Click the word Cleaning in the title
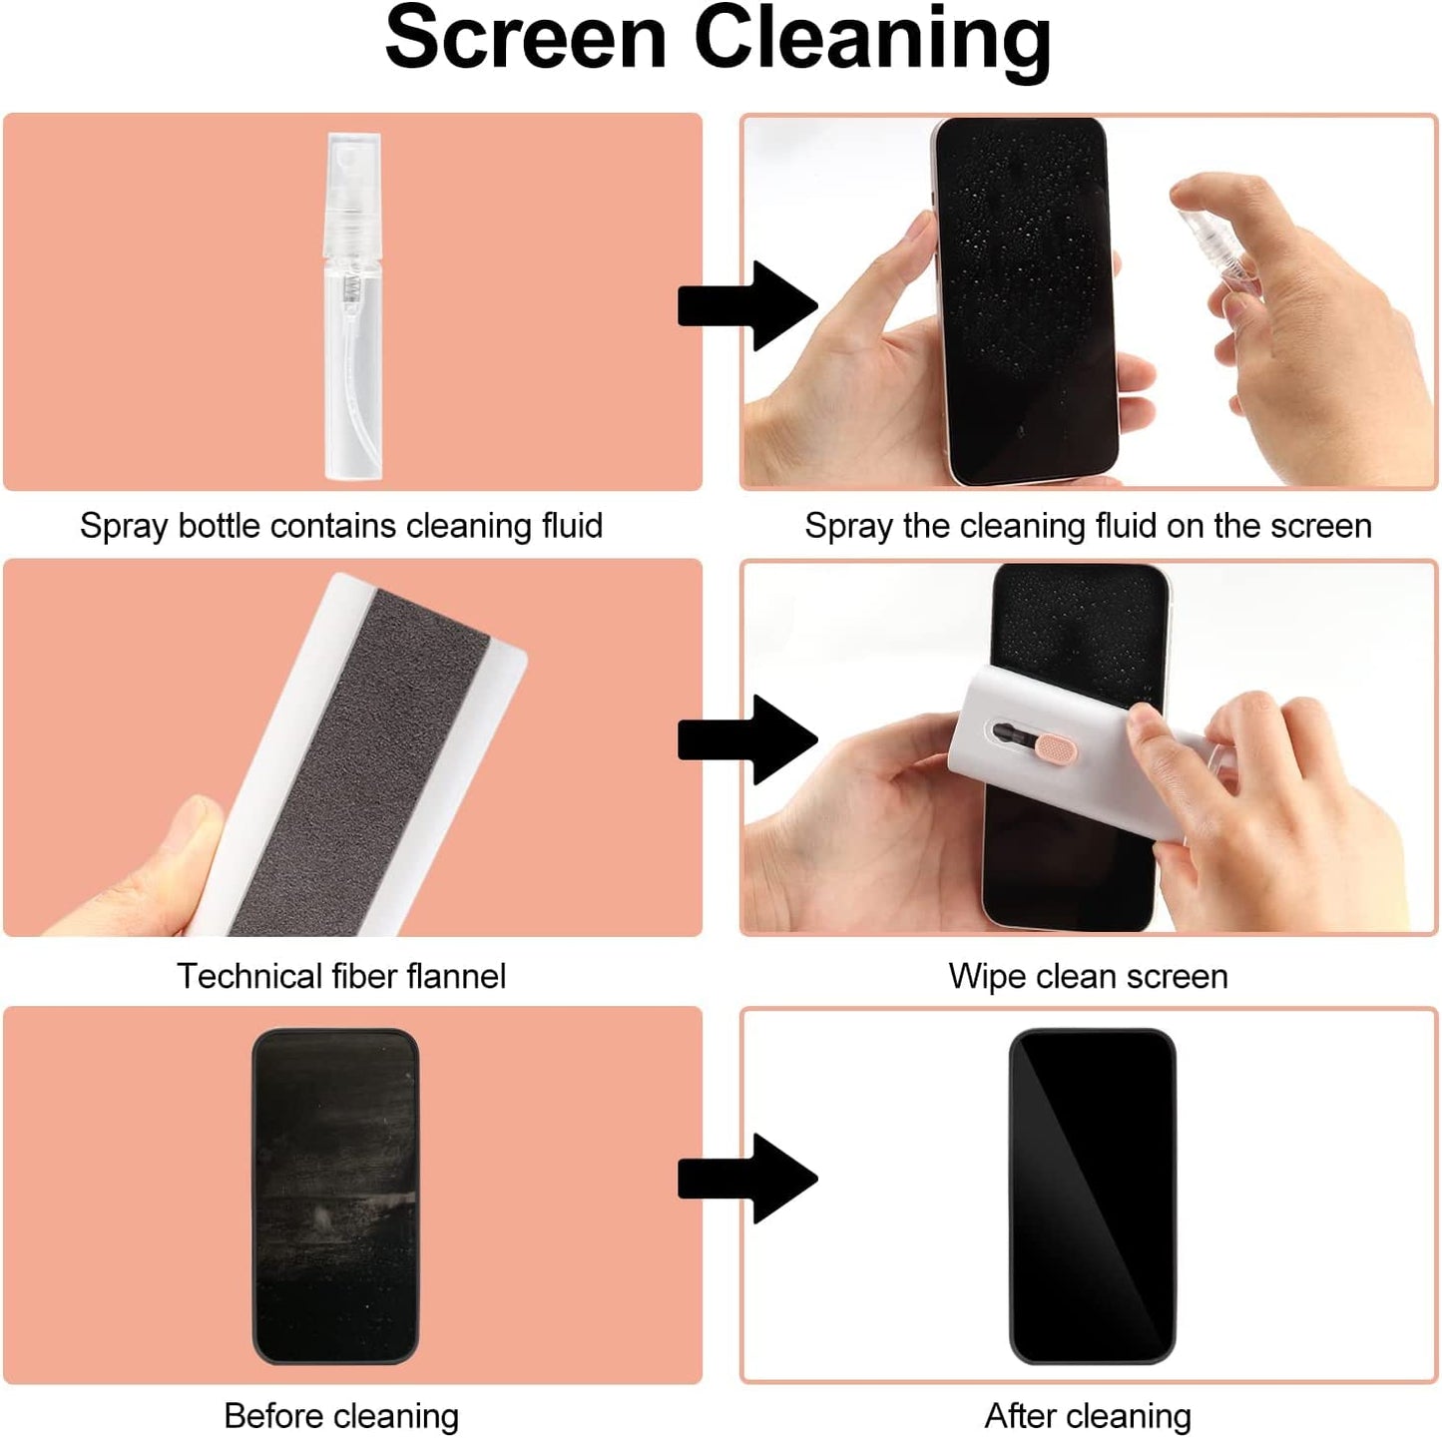point(871,40)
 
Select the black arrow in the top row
point(747,305)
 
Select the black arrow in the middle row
point(747,739)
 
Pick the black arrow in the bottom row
point(747,1179)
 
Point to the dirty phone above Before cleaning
point(335,1196)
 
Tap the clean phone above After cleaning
point(1092,1196)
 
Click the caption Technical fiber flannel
point(341,975)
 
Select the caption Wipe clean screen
point(1088,975)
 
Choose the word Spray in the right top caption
point(848,526)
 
